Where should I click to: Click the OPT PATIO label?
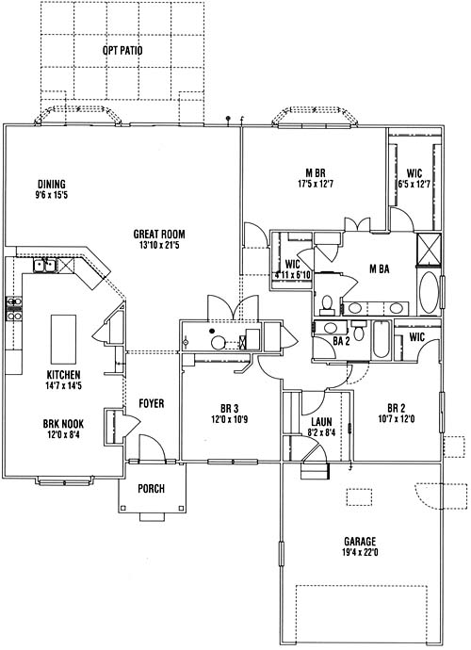click(x=122, y=51)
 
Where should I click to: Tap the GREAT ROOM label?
click(x=159, y=235)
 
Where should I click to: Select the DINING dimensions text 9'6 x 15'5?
click(x=52, y=195)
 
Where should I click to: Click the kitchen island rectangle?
click(x=63, y=339)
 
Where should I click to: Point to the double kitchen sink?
click(x=45, y=266)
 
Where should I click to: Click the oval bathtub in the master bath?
click(x=430, y=293)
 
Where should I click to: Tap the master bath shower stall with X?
click(x=429, y=249)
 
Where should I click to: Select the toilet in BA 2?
click(x=359, y=332)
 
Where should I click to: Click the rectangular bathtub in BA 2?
click(x=381, y=340)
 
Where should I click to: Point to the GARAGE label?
click(x=360, y=542)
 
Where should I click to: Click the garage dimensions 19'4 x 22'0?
click(x=360, y=552)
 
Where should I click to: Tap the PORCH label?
click(x=151, y=489)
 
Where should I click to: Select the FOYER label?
click(x=152, y=403)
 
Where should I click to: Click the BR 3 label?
click(x=229, y=409)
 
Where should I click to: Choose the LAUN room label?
click(x=321, y=422)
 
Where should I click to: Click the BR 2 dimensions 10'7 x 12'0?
click(x=397, y=419)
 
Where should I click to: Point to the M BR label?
click(x=316, y=173)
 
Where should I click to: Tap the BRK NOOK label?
click(x=63, y=424)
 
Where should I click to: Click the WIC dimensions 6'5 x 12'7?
click(x=414, y=184)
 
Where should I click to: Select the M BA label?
click(x=380, y=269)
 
